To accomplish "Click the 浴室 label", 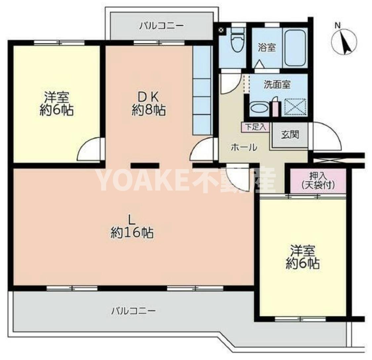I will click(267, 48).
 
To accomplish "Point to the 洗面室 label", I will click(277, 85).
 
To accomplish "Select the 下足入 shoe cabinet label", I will click(256, 127).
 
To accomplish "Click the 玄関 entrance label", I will click(290, 135).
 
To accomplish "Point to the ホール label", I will click(244, 147).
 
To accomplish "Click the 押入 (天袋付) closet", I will click(318, 181).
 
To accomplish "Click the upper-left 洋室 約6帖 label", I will click(57, 104).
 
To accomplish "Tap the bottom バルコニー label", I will click(133, 311).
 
